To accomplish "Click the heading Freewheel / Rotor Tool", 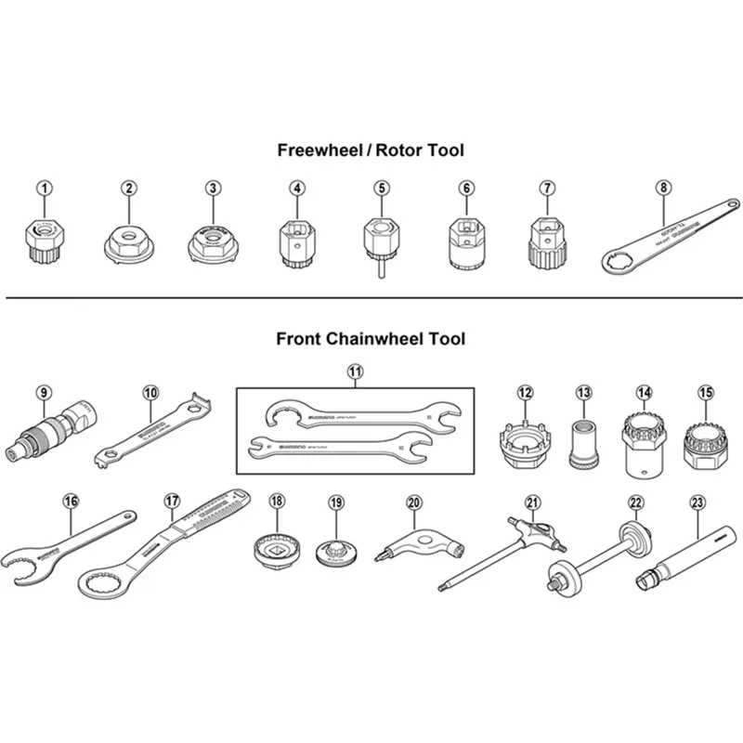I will click(371, 150).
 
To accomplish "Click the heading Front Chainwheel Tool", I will click(371, 339).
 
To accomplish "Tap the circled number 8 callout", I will click(662, 187).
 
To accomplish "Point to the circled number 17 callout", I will click(171, 501).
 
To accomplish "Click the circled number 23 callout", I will click(698, 502).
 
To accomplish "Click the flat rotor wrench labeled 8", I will click(669, 232).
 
